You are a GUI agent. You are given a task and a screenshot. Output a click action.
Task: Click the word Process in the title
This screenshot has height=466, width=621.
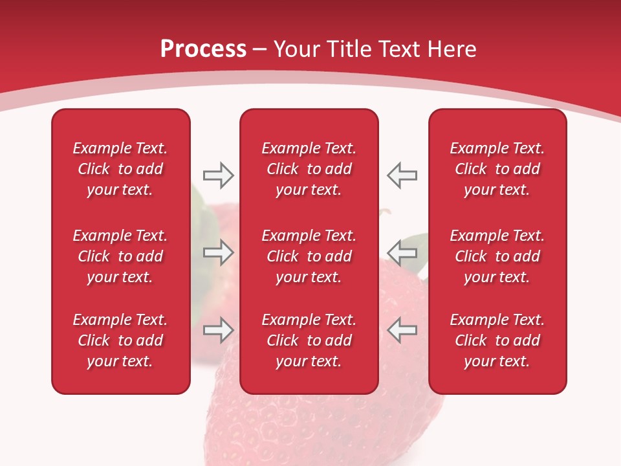pyautogui.click(x=203, y=49)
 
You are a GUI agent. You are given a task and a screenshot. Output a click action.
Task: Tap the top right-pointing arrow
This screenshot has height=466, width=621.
pyautogui.click(x=218, y=175)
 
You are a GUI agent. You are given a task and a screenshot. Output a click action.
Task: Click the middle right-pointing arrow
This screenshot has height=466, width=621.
pyautogui.click(x=218, y=252)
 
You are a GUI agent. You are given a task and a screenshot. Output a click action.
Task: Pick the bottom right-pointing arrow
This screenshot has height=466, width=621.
pyautogui.click(x=218, y=330)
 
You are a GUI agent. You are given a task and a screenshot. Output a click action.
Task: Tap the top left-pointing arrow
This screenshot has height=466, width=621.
pyautogui.click(x=402, y=175)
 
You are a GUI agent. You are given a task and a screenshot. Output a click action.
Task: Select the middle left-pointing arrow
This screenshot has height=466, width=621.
pyautogui.click(x=402, y=252)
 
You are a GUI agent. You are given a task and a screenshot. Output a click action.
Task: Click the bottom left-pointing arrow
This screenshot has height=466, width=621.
pyautogui.click(x=402, y=330)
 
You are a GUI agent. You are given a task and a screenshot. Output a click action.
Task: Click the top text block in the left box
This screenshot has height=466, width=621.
pyautogui.click(x=120, y=169)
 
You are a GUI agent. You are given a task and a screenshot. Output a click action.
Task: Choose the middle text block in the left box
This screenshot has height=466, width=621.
pyautogui.click(x=120, y=256)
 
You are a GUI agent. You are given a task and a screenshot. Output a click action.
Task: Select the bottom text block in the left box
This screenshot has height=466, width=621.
pyautogui.click(x=120, y=340)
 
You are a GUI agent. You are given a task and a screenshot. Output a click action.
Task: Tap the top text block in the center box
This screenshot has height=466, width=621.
pyautogui.click(x=309, y=169)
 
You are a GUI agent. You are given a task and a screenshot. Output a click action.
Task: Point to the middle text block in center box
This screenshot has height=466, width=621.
pyautogui.click(x=309, y=256)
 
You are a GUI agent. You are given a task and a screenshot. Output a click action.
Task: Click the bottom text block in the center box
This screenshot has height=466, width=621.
pyautogui.click(x=309, y=340)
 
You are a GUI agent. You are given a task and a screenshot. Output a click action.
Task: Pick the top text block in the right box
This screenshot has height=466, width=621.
pyautogui.click(x=497, y=169)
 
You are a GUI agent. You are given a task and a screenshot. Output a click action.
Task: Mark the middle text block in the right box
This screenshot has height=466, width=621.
pyautogui.click(x=497, y=256)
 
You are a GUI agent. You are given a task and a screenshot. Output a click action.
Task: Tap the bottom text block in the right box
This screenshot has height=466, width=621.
pyautogui.click(x=497, y=340)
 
